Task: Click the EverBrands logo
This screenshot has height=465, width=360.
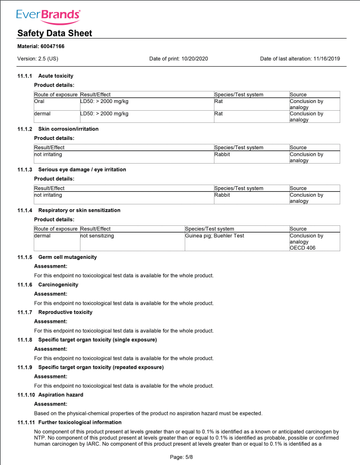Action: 49,14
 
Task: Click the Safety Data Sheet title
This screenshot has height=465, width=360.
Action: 55,33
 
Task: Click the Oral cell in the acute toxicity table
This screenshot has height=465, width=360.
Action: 39,101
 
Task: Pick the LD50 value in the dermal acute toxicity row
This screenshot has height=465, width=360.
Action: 104,113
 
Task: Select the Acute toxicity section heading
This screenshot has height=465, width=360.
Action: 56,75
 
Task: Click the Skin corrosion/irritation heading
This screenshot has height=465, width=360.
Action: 68,128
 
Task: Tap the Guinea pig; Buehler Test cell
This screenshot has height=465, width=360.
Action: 214,236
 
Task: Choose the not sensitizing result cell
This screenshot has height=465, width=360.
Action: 97,236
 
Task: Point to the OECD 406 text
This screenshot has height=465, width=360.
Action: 303,248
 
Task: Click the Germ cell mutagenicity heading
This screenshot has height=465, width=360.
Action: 67,257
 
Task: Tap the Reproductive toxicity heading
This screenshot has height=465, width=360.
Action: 65,312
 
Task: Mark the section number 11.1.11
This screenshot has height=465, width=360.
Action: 26,423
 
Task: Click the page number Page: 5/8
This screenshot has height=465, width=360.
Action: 181,457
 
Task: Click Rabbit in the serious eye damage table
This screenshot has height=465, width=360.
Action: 222,195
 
